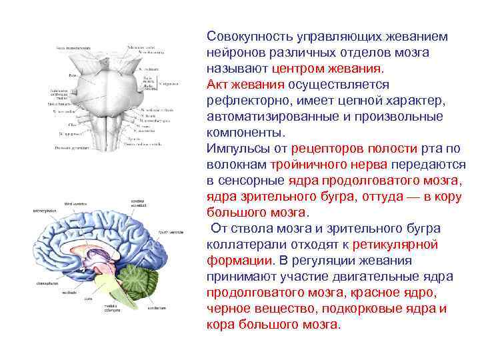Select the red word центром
click(x=297, y=68)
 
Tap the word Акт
click(x=218, y=85)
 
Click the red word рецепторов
click(x=323, y=149)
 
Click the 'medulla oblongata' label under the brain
click(x=115, y=308)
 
